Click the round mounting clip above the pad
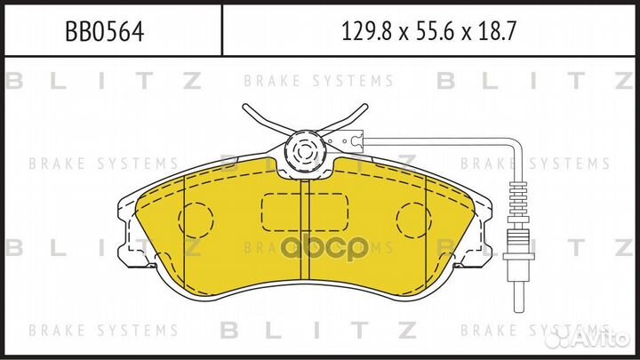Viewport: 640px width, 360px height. tap(305, 151)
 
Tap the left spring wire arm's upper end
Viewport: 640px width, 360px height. tap(244, 108)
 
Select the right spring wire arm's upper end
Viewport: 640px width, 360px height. tap(364, 108)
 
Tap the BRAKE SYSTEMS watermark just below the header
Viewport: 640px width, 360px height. tap(318, 81)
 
